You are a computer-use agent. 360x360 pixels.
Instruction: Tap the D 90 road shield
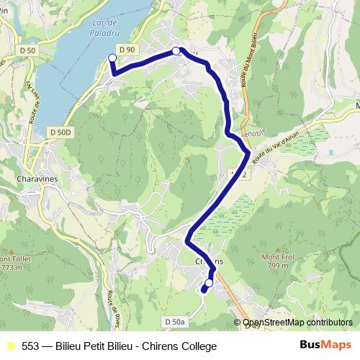click(127, 49)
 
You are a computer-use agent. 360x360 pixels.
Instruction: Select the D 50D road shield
click(62, 132)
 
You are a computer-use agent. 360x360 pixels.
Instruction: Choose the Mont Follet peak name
click(15, 259)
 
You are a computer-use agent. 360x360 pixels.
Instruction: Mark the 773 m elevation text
click(10, 267)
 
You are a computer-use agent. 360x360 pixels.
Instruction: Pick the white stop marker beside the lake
click(112, 58)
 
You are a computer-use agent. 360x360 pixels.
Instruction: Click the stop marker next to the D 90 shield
click(176, 51)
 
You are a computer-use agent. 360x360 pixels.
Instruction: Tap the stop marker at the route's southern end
click(209, 284)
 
